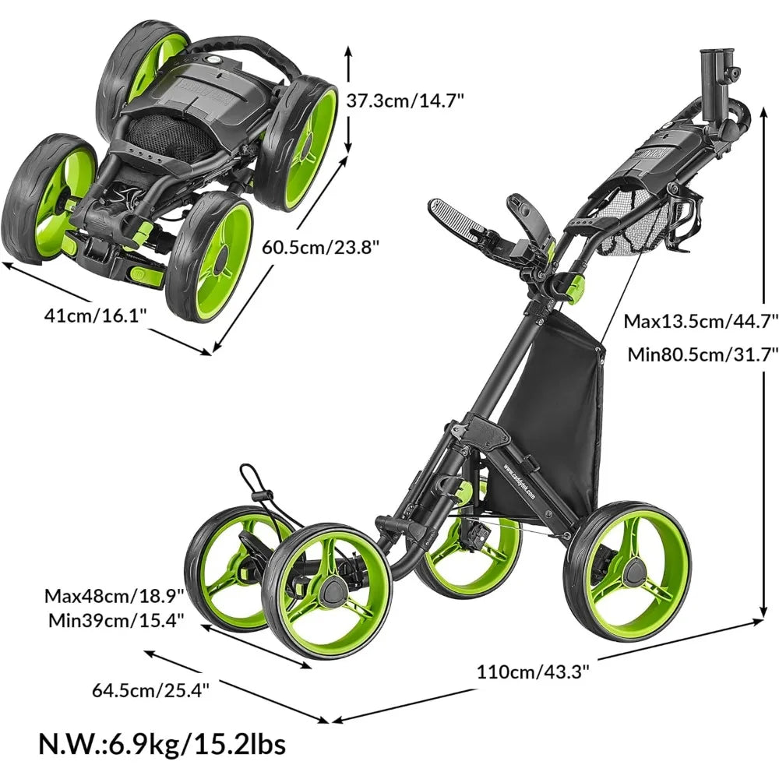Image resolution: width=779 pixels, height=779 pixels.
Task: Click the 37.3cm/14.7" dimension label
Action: click(x=405, y=100)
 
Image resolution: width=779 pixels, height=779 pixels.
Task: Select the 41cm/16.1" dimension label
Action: click(x=96, y=315)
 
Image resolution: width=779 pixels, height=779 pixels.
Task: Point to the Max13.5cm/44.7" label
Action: click(x=700, y=321)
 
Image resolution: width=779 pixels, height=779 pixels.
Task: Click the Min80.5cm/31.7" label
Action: click(x=703, y=354)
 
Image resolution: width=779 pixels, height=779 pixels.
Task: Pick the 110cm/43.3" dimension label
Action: click(x=533, y=671)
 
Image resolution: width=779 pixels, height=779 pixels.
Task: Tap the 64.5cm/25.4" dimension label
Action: click(x=150, y=689)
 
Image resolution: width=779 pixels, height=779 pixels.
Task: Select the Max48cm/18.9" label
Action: click(x=115, y=595)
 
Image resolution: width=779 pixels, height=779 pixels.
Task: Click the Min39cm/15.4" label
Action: click(x=116, y=620)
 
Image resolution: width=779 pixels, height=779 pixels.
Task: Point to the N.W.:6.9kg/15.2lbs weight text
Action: click(x=163, y=744)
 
